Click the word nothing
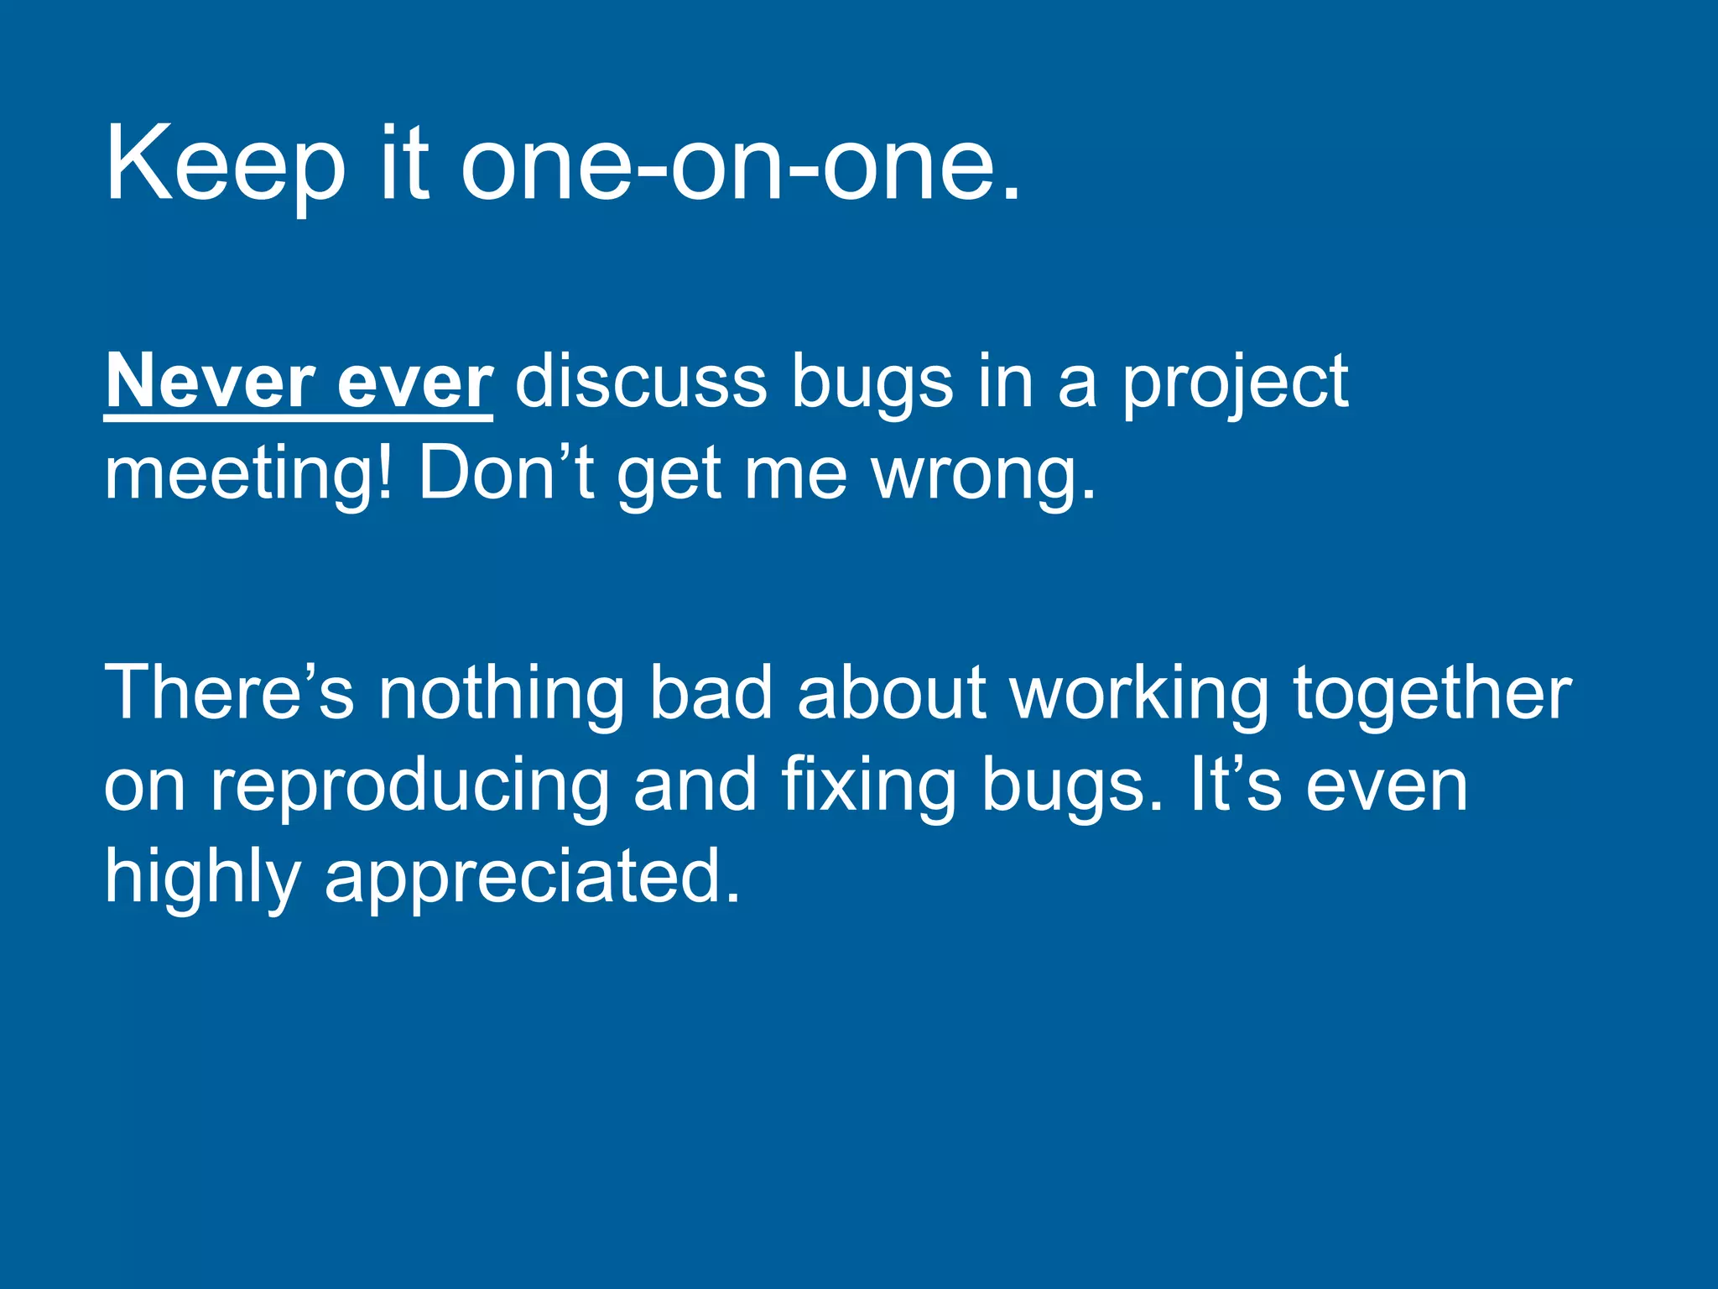[502, 695]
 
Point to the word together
[1431, 695]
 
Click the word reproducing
[409, 787]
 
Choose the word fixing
[868, 787]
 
